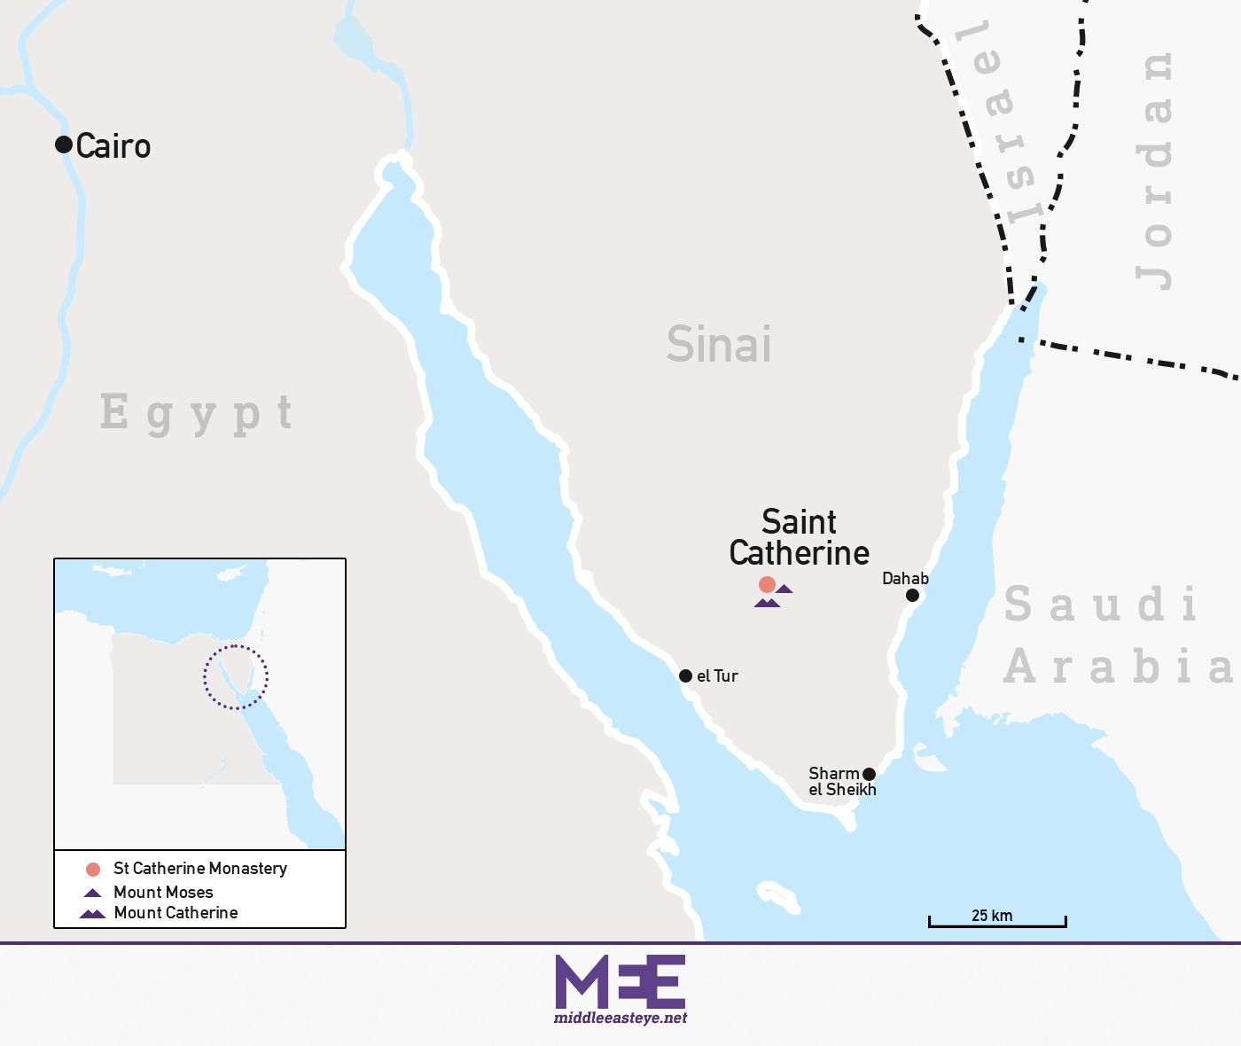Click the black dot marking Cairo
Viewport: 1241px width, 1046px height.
[64, 144]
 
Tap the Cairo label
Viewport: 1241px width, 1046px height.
[113, 146]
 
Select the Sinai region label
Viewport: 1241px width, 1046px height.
[719, 345]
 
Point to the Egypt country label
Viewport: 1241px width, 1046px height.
[196, 413]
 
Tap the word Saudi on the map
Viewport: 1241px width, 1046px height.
[1101, 605]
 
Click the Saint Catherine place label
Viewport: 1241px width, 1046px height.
[799, 537]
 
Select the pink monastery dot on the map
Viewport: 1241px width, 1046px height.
[767, 584]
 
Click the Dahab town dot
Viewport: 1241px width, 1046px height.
[912, 595]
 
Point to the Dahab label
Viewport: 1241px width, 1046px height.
[905, 579]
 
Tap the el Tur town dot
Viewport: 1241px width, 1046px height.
[685, 675]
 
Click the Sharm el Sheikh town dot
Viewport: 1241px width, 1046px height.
[869, 774]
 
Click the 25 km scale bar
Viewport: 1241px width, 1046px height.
[997, 925]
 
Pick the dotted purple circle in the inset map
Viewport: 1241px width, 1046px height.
[236, 678]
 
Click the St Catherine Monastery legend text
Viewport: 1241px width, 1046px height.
[200, 869]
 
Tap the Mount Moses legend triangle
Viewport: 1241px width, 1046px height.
[93, 893]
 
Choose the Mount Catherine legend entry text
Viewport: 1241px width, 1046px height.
[176, 913]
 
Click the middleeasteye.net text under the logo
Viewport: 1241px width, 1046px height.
[620, 1019]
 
